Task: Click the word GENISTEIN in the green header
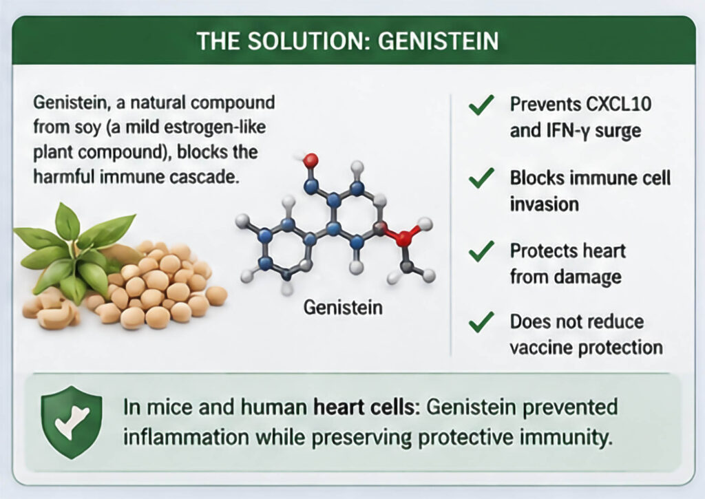(439, 41)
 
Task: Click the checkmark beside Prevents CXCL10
(481, 105)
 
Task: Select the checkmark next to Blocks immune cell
(481, 178)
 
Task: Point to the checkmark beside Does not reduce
(481, 322)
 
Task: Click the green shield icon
(72, 422)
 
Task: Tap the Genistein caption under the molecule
(343, 308)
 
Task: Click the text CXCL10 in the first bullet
(619, 105)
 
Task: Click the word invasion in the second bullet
(544, 204)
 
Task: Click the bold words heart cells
(364, 407)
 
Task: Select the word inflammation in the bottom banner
(186, 437)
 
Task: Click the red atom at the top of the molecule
(311, 160)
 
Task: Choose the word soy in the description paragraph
(82, 128)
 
